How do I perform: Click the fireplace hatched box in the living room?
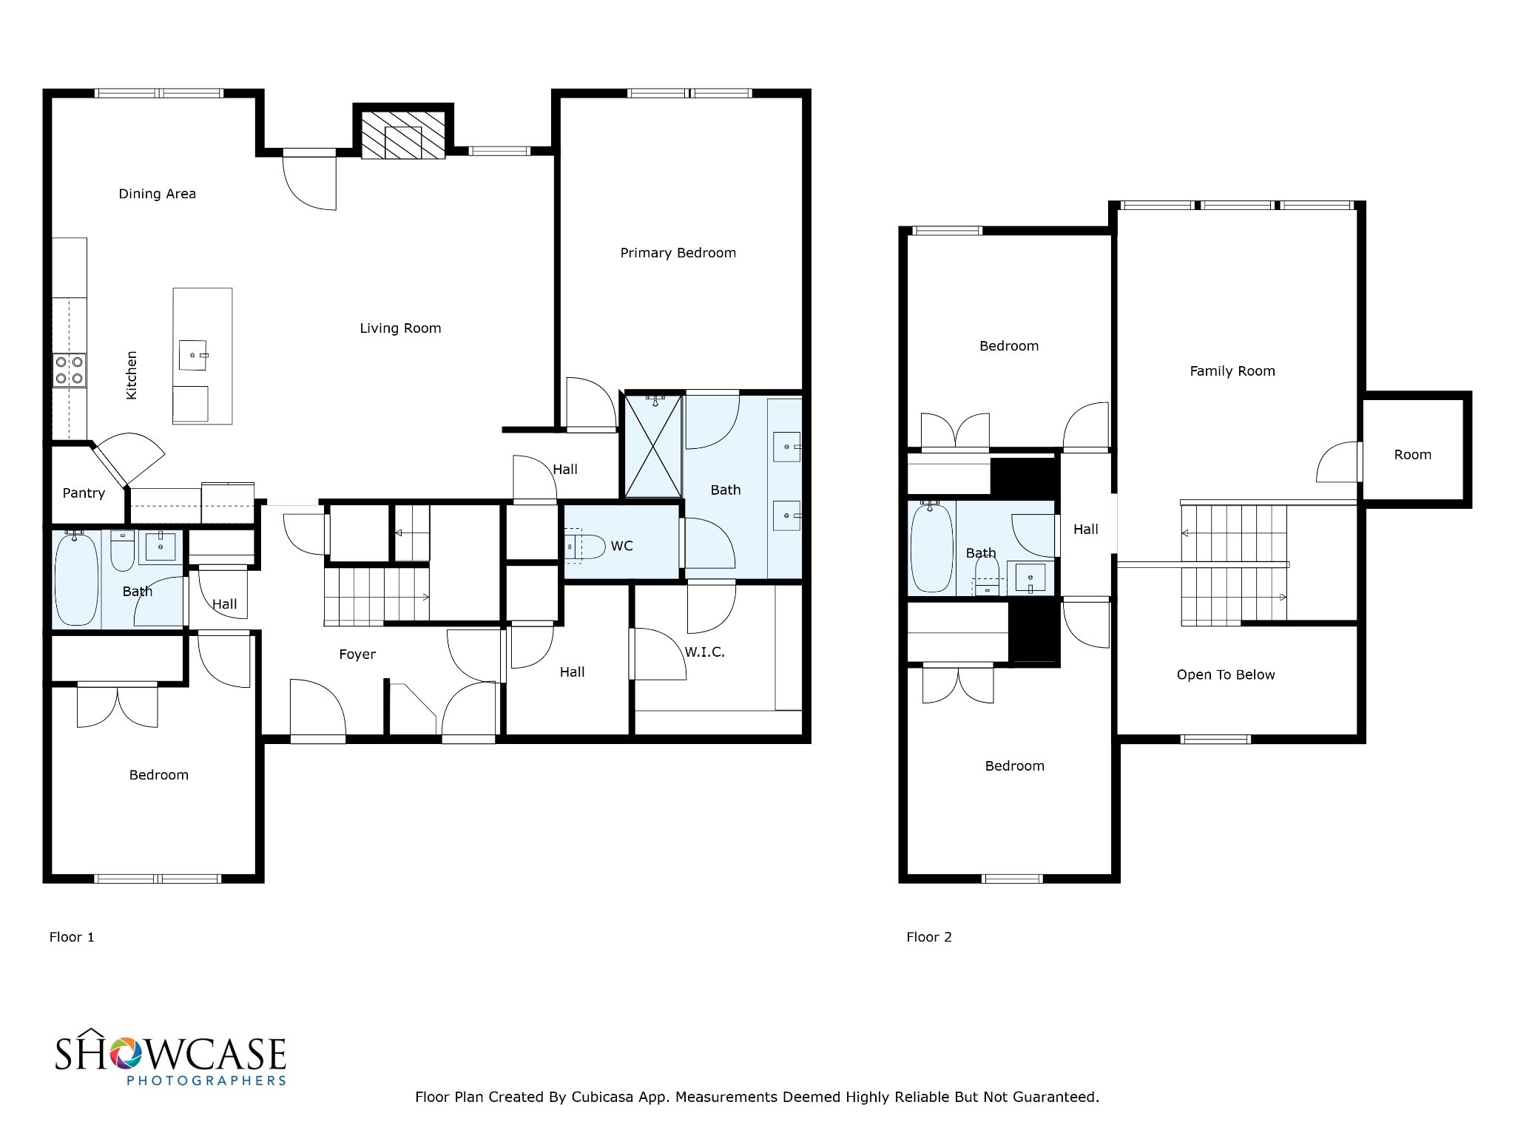point(403,135)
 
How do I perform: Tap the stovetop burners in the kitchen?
point(69,370)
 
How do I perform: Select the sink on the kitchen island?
point(193,355)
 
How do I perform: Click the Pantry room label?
point(84,493)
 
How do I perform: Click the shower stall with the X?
point(653,446)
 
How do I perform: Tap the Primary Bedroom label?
point(678,253)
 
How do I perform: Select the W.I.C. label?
point(704,652)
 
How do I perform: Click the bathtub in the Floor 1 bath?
point(75,579)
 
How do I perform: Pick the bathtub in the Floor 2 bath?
point(932,548)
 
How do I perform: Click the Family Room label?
point(1232,371)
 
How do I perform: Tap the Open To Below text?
point(1226,674)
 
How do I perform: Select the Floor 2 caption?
point(929,937)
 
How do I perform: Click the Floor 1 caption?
point(72,937)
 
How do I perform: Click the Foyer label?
point(357,655)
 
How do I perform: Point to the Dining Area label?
point(158,194)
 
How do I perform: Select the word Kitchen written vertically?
point(132,375)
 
